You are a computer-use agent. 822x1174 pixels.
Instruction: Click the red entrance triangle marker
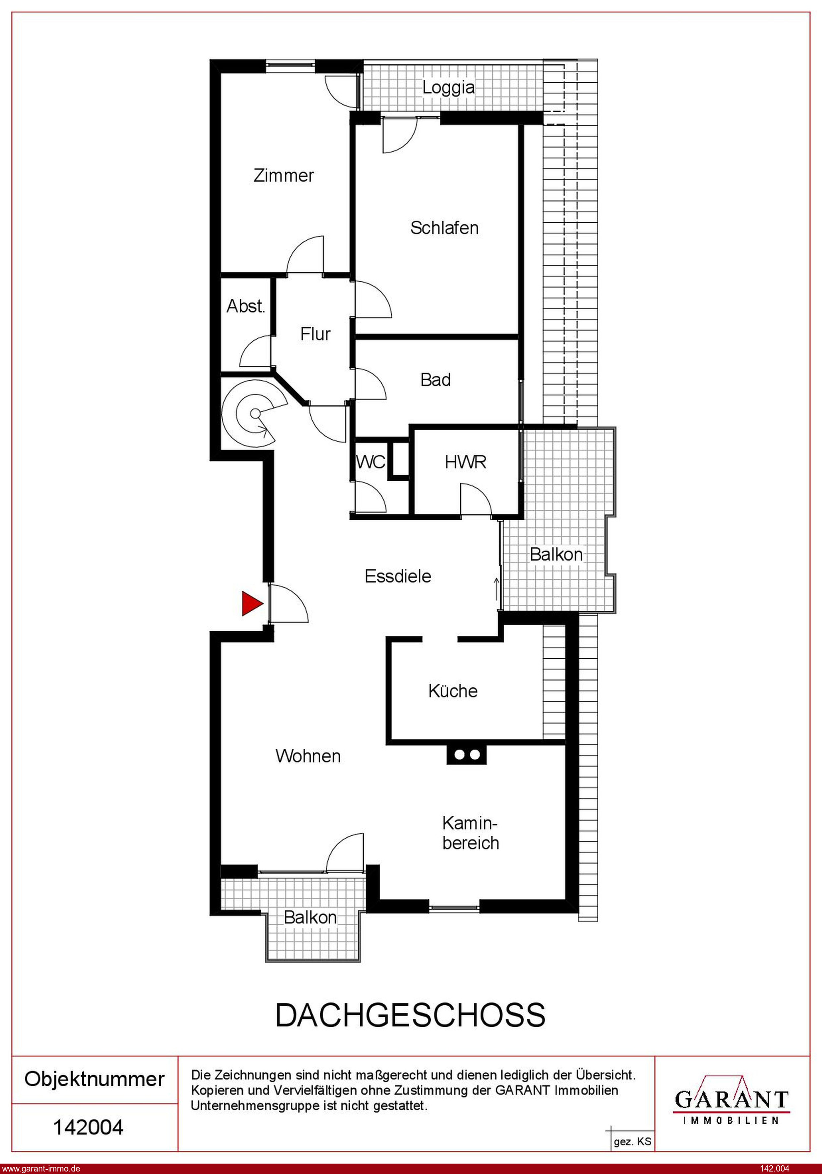click(x=252, y=603)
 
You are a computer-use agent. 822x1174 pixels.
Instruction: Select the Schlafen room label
click(x=444, y=228)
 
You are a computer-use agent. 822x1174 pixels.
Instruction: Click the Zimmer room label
click(x=284, y=175)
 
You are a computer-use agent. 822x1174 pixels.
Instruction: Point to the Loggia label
click(x=448, y=87)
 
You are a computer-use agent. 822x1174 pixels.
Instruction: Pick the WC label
click(x=371, y=462)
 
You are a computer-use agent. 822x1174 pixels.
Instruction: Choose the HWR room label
click(x=465, y=462)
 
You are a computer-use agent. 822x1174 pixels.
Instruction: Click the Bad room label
click(x=436, y=380)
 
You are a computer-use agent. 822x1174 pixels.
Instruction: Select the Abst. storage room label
click(x=246, y=306)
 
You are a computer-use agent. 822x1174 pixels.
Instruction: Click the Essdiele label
click(x=398, y=576)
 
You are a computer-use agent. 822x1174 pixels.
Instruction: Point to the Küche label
click(x=453, y=691)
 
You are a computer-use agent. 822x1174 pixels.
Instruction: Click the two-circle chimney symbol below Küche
click(x=467, y=754)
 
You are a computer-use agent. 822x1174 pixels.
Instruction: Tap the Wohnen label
click(x=308, y=756)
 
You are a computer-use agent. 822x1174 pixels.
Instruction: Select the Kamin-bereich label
click(x=470, y=833)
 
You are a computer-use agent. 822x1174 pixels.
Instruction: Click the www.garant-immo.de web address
click(x=41, y=1168)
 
